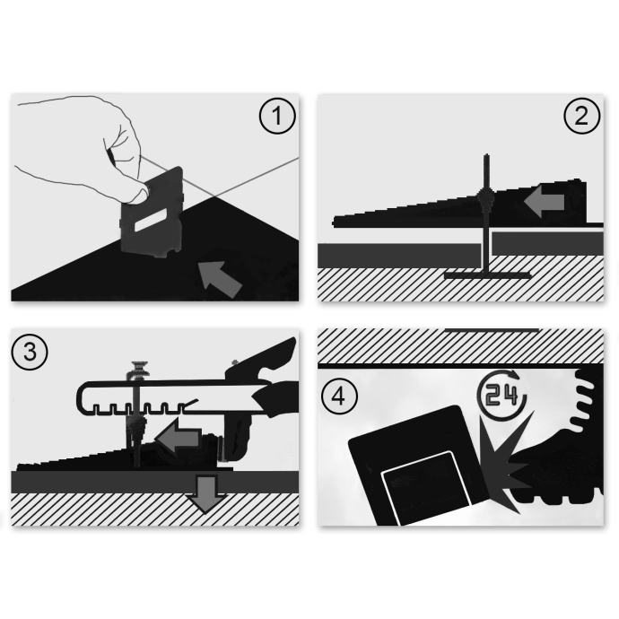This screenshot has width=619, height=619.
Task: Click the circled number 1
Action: [x=277, y=116]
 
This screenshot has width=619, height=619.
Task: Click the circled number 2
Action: [x=582, y=116]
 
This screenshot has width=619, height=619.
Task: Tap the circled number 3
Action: [x=30, y=352]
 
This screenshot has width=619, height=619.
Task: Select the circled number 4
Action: [x=339, y=396]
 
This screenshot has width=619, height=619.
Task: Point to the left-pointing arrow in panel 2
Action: [x=545, y=203]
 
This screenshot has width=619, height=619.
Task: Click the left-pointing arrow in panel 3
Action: [x=179, y=436]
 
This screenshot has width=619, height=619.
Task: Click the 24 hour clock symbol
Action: [x=501, y=394]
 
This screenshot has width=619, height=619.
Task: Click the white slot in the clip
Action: [x=152, y=220]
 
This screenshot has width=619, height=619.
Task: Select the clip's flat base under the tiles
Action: [x=487, y=275]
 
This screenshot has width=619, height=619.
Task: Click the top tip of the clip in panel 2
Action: [x=487, y=154]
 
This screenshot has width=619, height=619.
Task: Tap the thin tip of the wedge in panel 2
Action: [x=335, y=222]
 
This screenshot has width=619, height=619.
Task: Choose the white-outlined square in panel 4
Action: [x=425, y=488]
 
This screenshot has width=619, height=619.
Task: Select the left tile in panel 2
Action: [x=399, y=255]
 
